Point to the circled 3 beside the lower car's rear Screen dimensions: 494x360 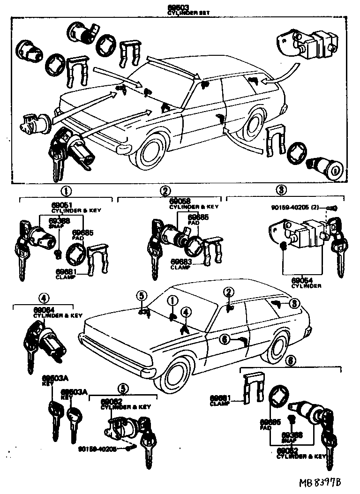pos(294,303)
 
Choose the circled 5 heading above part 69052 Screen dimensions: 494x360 pos(122,388)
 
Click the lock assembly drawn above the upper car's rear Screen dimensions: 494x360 pos(307,44)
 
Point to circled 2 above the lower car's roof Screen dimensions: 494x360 pos(228,292)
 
